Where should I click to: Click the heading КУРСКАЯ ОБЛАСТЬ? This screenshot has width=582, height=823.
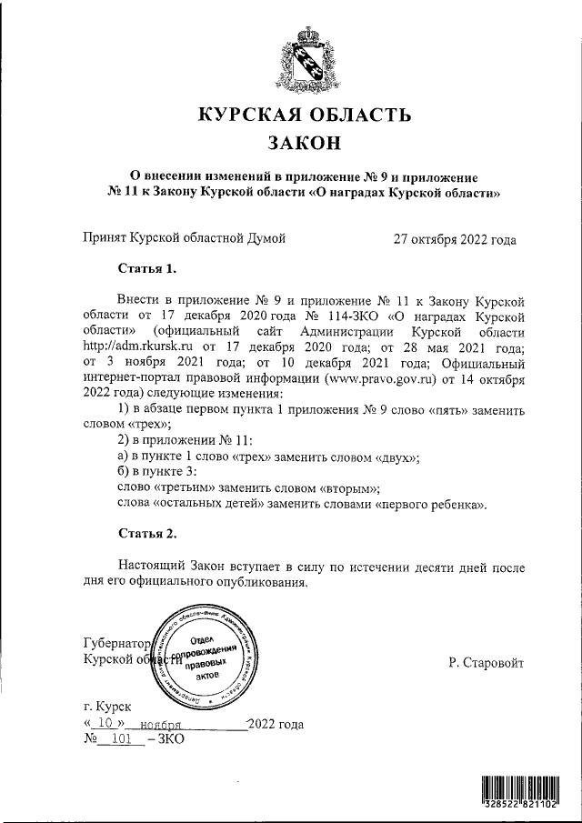305,115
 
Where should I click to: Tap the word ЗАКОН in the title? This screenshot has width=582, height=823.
305,144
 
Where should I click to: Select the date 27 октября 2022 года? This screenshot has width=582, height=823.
455,240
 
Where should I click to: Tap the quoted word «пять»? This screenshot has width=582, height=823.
449,409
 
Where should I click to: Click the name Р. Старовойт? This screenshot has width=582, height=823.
486,664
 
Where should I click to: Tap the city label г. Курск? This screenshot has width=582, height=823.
106,706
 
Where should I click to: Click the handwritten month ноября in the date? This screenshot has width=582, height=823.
156,725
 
